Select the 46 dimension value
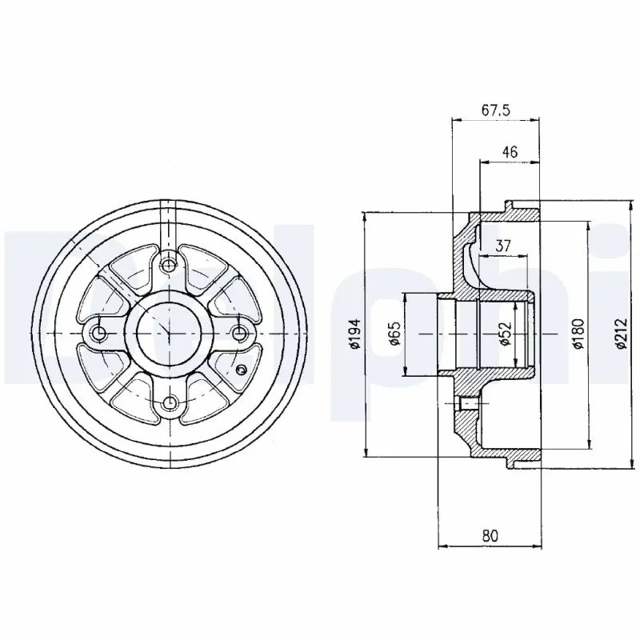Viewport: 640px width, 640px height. coord(510,150)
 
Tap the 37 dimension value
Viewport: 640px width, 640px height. coord(503,246)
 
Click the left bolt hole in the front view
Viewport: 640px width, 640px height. coord(98,333)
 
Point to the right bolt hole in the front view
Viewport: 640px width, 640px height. coord(238,333)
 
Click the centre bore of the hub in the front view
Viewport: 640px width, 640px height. coord(168,333)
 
